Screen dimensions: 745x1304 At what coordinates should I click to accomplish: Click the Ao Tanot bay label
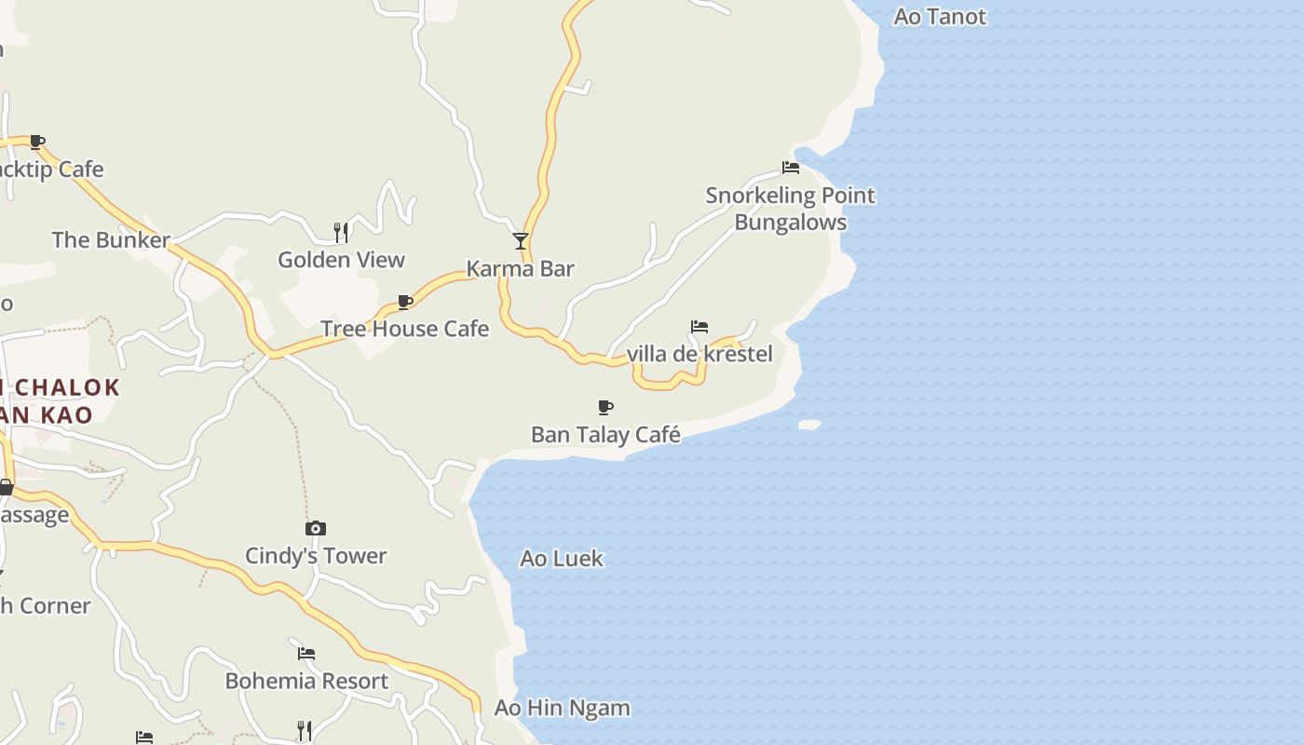[939, 17]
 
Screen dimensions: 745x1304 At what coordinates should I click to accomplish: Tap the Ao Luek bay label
[562, 559]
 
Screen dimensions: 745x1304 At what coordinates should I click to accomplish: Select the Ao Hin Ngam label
[562, 708]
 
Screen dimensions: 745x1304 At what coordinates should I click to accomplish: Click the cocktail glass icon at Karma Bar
[521, 241]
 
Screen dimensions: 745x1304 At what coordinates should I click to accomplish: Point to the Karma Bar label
[520, 269]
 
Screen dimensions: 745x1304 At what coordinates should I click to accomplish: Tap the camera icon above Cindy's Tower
[316, 529]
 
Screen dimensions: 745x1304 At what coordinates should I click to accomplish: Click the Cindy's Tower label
[316, 556]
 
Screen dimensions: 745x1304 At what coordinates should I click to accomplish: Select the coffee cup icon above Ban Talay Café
[605, 407]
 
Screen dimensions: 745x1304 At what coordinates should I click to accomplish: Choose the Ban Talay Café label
[605, 435]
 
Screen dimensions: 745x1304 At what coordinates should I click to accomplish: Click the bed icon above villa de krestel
[700, 327]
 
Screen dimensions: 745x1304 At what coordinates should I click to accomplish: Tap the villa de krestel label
[700, 354]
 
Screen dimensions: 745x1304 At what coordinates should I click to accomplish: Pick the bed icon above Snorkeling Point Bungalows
[791, 168]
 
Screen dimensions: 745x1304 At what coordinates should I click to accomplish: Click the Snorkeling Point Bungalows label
[791, 209]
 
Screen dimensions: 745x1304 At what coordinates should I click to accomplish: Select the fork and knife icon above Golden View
[341, 232]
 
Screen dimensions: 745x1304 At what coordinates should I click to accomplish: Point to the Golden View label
[341, 260]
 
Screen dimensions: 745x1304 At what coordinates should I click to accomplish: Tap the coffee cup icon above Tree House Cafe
[405, 302]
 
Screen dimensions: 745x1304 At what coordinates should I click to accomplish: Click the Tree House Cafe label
[404, 329]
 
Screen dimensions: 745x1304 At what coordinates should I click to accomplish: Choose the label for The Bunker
[111, 240]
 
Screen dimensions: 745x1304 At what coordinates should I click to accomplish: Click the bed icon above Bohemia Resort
[306, 653]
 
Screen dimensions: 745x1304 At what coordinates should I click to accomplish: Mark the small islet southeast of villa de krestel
[809, 425]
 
